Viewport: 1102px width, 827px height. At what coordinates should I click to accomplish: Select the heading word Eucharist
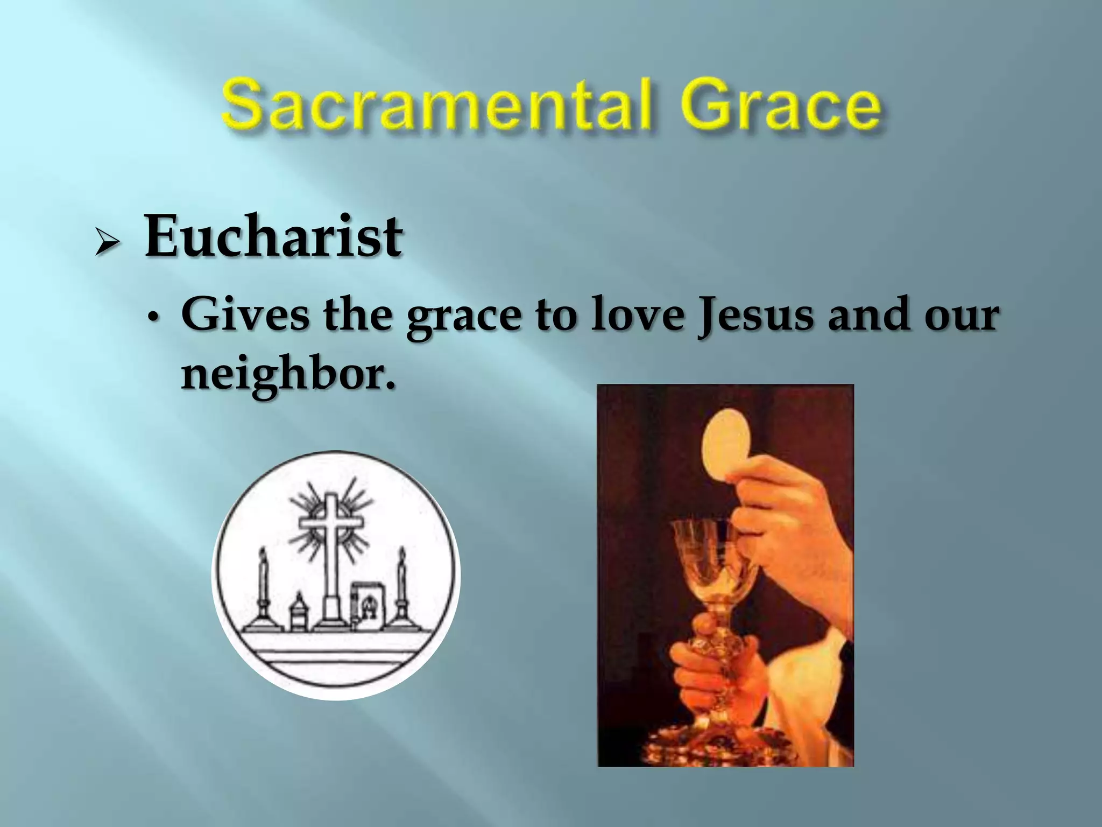[x=273, y=237]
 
